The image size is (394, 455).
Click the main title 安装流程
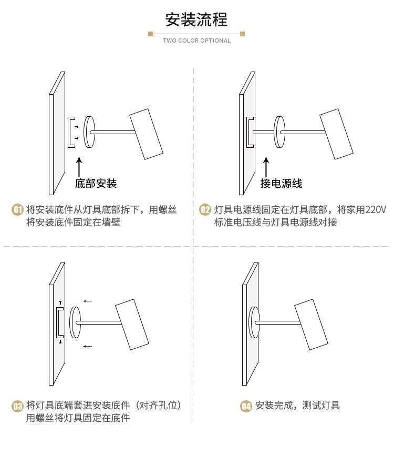pyautogui.click(x=196, y=19)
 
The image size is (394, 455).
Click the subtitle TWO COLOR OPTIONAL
pyautogui.click(x=196, y=41)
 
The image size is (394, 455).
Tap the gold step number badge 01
pyautogui.click(x=17, y=210)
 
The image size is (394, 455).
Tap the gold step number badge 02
pyautogui.click(x=205, y=210)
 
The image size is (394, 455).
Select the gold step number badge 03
pyautogui.click(x=17, y=406)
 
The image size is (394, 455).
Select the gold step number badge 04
pyautogui.click(x=246, y=406)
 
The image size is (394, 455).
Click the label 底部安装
pyautogui.click(x=96, y=184)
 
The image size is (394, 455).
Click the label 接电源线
pyautogui.click(x=282, y=184)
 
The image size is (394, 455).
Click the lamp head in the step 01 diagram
pyautogui.click(x=147, y=134)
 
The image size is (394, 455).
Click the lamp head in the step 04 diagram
pyautogui.click(x=311, y=324)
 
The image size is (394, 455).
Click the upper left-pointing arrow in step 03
pyautogui.click(x=88, y=301)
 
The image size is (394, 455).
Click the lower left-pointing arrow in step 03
pyautogui.click(x=88, y=346)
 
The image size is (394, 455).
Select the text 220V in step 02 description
pyautogui.click(x=375, y=210)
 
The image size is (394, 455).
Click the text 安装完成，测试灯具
pyautogui.click(x=297, y=406)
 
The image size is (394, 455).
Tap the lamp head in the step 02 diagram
pyautogui.click(x=337, y=134)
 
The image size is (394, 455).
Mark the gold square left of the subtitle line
pyautogui.click(x=150, y=34)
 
